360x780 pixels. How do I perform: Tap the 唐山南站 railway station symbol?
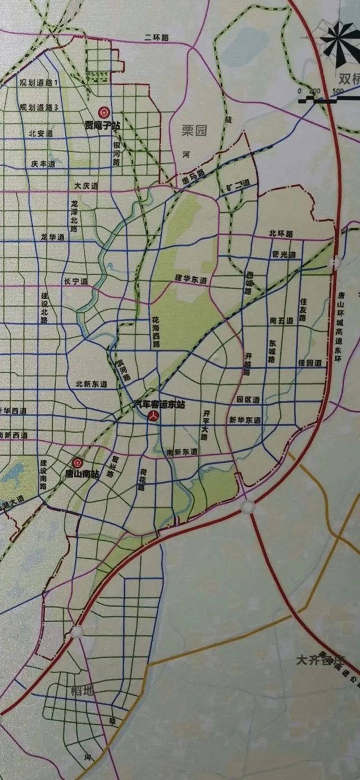[78, 463]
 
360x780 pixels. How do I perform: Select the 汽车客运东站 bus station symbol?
[153, 416]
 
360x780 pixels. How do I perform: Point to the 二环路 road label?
[157, 38]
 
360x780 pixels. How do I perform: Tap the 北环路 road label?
[281, 234]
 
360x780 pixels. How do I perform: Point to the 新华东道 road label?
[245, 420]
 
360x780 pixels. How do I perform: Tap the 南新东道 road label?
[182, 451]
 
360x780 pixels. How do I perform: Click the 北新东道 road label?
[92, 384]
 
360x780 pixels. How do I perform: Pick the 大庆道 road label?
[86, 185]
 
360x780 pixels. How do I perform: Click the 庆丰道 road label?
[43, 164]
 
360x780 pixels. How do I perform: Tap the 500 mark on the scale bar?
[338, 91]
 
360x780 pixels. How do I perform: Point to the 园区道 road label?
[248, 400]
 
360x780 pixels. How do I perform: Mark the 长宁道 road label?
[76, 281]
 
